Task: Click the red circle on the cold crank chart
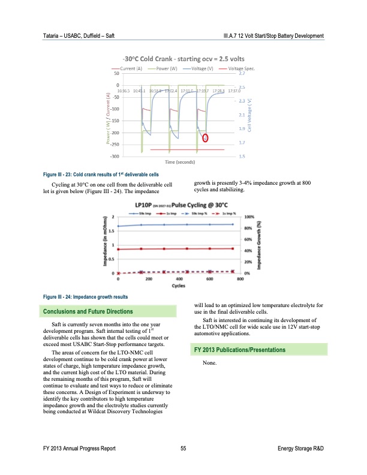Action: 206,137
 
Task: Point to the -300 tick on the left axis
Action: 114,156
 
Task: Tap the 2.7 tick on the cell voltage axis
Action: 242,74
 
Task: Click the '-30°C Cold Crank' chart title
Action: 183,59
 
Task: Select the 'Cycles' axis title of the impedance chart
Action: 178,286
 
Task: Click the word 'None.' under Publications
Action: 210,363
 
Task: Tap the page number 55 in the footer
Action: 183,448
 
